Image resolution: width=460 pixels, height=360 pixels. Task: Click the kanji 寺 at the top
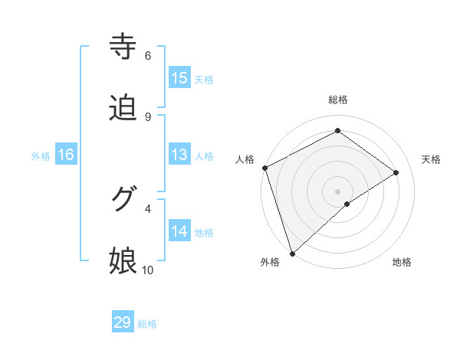pyautogui.click(x=123, y=47)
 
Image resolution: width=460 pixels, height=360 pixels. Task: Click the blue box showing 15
pyautogui.click(x=179, y=78)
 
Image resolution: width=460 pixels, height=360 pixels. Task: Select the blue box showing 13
pyautogui.click(x=179, y=155)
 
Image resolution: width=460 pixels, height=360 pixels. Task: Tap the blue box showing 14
pyautogui.click(x=179, y=231)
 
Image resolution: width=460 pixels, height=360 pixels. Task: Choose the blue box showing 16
pyautogui.click(x=66, y=155)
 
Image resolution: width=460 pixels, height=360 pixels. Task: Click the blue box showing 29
pyautogui.click(x=123, y=322)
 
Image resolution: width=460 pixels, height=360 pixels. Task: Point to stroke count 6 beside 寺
pyautogui.click(x=148, y=55)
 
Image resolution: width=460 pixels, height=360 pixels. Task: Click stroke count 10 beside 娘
pyautogui.click(x=148, y=270)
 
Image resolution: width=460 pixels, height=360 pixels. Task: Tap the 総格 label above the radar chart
pyautogui.click(x=337, y=100)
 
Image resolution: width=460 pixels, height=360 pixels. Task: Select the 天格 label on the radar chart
pyautogui.click(x=432, y=159)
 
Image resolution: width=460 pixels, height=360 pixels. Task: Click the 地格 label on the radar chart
pyautogui.click(x=402, y=262)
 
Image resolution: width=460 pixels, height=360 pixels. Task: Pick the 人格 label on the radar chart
pyautogui.click(x=245, y=159)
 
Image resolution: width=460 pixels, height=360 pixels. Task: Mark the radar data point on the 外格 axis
pyautogui.click(x=291, y=253)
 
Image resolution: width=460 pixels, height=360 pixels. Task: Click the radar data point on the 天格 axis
pyautogui.click(x=396, y=172)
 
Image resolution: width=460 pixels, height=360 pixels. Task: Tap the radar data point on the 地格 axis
pyautogui.click(x=347, y=204)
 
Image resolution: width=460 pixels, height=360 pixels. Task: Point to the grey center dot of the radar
pyautogui.click(x=337, y=191)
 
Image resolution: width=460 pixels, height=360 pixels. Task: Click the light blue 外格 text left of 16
pyautogui.click(x=41, y=155)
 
